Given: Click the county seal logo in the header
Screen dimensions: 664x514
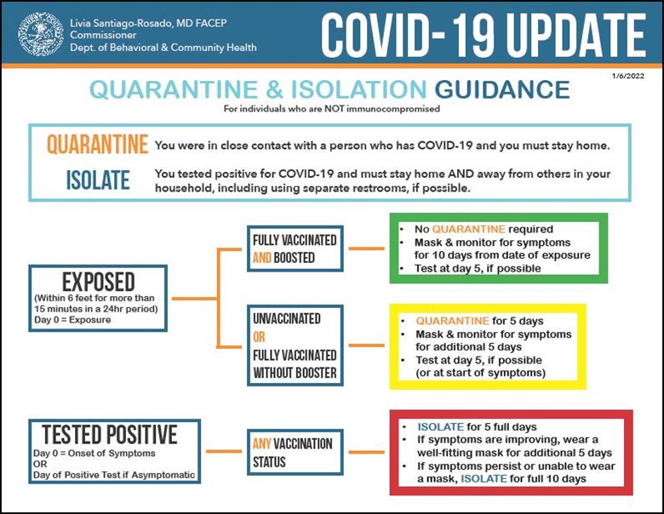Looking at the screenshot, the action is [x=41, y=34].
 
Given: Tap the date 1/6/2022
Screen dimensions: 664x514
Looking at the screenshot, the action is [x=628, y=77].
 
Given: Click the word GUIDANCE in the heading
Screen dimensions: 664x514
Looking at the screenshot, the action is [x=502, y=89].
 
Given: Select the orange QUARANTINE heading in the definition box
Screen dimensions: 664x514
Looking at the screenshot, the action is [x=97, y=145].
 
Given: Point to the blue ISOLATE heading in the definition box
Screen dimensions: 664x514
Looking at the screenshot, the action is [x=98, y=180].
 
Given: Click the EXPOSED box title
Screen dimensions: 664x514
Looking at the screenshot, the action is [x=98, y=282].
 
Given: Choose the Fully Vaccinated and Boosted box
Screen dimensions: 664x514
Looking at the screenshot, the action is [x=295, y=248].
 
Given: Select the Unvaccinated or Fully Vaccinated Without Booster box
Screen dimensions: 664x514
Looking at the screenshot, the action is [x=295, y=346].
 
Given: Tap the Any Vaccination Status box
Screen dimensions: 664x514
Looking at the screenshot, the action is [x=295, y=452].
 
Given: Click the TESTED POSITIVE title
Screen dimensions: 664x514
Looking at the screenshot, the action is [x=110, y=434].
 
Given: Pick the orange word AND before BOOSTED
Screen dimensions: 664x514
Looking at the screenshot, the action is [x=262, y=257].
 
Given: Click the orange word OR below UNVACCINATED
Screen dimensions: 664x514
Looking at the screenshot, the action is [x=259, y=337].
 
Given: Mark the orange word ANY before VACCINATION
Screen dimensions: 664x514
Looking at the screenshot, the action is [x=262, y=443].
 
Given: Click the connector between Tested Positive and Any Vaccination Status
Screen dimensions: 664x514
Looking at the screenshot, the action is [x=224, y=451].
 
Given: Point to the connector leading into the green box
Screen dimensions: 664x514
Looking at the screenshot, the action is [x=366, y=248].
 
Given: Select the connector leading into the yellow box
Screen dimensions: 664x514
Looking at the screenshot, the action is [x=366, y=346].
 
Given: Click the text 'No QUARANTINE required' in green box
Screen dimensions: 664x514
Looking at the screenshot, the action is [x=484, y=229].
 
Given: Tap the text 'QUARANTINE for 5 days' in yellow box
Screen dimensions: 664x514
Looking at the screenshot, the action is [x=479, y=321].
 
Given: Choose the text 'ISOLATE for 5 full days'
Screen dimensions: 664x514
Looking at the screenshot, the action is [x=478, y=427].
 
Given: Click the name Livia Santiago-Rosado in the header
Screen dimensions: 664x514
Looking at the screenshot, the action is [x=121, y=23].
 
